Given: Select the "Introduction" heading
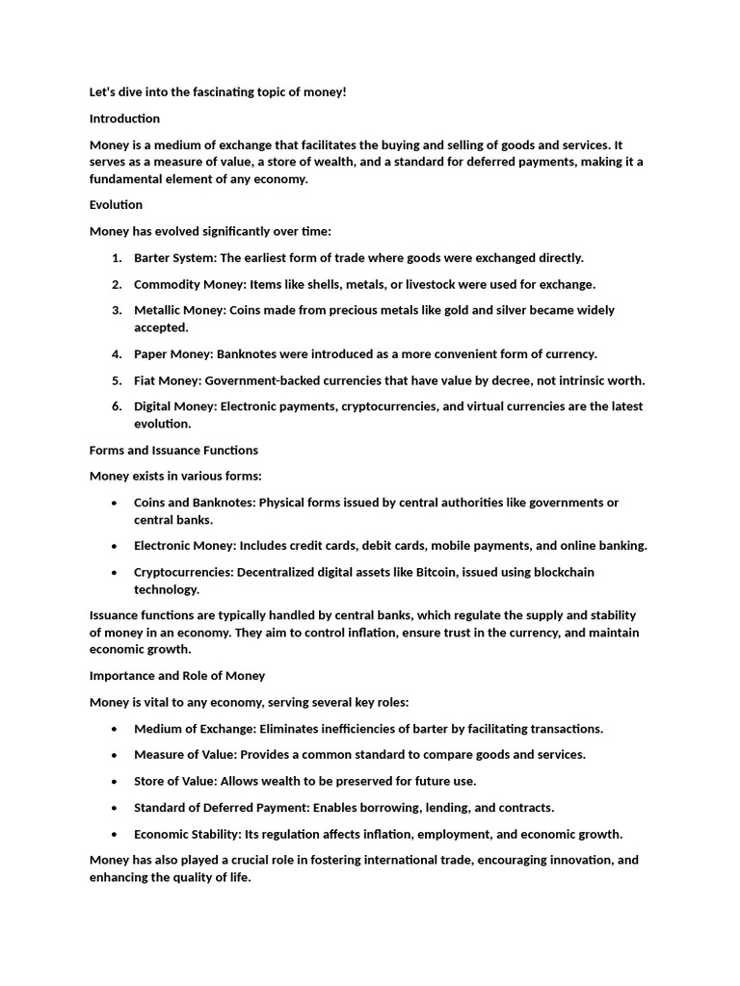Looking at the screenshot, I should (x=124, y=118).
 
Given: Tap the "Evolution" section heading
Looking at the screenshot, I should (x=116, y=204).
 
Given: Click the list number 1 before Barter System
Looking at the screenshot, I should (x=116, y=258).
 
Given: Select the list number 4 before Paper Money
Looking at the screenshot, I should (x=116, y=353).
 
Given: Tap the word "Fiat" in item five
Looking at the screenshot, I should (x=148, y=380).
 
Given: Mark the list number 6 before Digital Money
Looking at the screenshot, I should (x=116, y=406).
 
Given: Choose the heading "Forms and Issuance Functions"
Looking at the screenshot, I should (x=173, y=450).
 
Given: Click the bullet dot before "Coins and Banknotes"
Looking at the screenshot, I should (x=115, y=504).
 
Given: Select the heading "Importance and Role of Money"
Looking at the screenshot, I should (x=177, y=675).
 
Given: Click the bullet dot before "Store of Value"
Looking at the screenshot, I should (x=115, y=782).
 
